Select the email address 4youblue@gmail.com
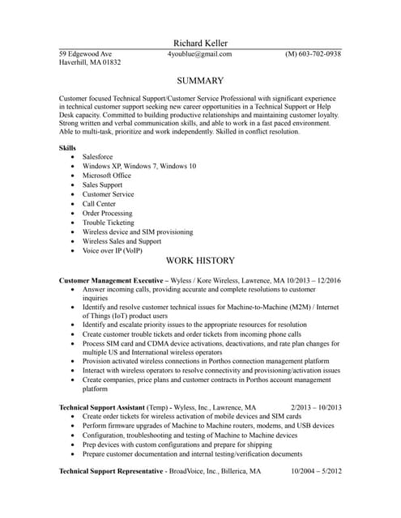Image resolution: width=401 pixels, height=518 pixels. click(199, 54)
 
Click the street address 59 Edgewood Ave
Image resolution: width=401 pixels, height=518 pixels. click(86, 54)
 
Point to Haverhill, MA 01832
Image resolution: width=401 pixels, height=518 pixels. click(90, 62)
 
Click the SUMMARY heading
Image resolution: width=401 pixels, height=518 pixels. click(200, 81)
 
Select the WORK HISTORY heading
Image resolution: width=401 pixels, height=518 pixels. click(200, 261)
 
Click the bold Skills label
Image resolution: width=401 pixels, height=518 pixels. click(68, 148)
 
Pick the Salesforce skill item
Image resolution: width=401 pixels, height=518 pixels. click(98, 156)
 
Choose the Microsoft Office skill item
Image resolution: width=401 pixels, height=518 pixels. click(107, 175)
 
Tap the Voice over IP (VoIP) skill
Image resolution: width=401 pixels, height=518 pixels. click(113, 250)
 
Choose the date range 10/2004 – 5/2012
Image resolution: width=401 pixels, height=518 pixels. click(316, 470)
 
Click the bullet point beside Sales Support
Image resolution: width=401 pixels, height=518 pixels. click(73, 185)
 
